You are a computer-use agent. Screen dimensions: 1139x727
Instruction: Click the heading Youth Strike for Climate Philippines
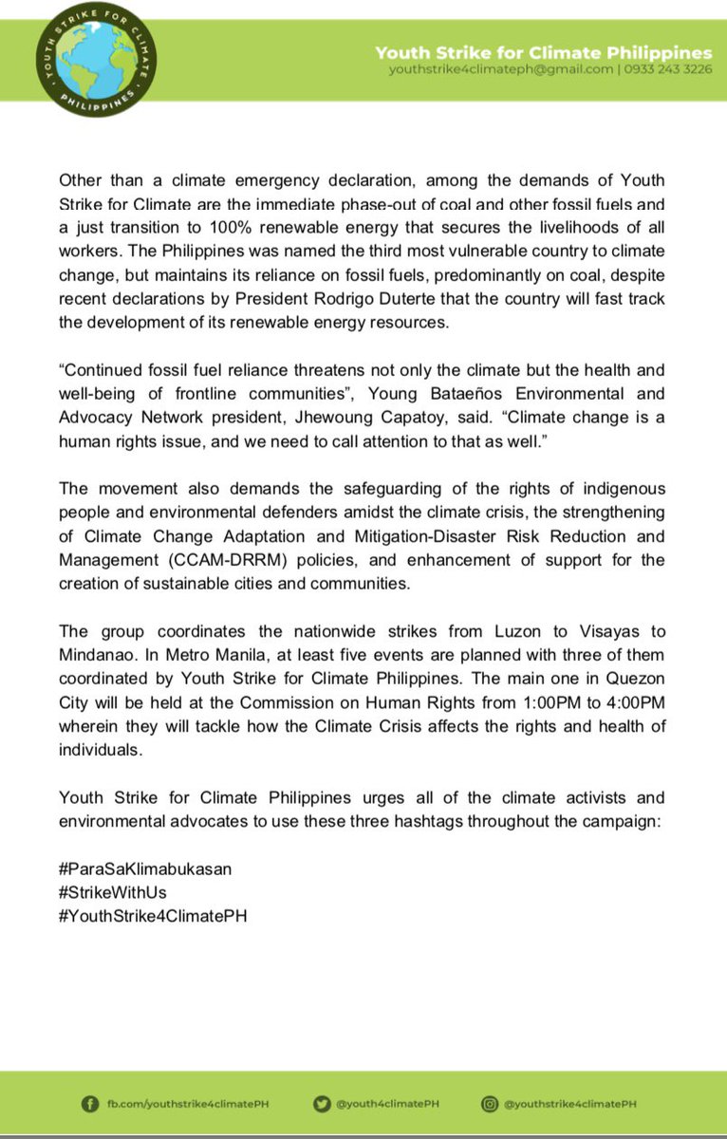click(544, 52)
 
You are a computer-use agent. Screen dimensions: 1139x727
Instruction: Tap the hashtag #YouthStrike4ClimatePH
click(153, 919)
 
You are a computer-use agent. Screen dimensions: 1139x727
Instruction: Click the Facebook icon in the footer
click(91, 1104)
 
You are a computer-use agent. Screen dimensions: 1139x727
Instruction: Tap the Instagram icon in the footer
click(490, 1104)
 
